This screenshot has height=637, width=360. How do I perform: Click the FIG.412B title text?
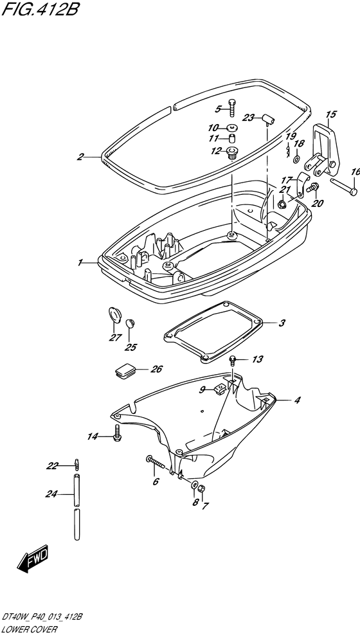(x=39, y=9)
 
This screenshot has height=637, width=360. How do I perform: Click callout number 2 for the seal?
(x=80, y=156)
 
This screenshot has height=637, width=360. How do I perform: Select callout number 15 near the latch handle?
(x=330, y=114)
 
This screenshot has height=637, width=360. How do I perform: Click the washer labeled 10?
(x=233, y=127)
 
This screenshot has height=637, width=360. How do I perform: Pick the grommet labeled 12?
(x=233, y=153)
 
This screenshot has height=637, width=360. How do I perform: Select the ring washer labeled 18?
(x=296, y=157)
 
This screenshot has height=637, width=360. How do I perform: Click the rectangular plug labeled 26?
(x=125, y=370)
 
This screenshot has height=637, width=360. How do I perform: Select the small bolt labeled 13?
(x=233, y=359)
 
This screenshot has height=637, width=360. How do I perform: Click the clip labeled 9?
(x=219, y=390)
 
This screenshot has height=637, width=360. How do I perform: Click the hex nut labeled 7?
(x=203, y=489)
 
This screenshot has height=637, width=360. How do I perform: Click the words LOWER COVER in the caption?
(x=29, y=630)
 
